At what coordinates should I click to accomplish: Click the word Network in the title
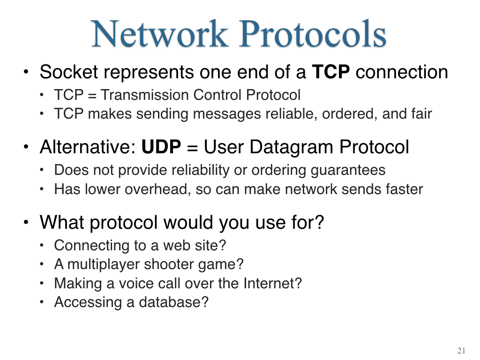coord(160,33)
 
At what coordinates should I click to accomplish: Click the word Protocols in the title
coord(313,33)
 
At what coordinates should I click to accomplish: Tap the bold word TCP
coord(330,72)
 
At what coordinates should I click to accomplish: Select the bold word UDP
coord(161,147)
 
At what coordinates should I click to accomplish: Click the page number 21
coord(461,351)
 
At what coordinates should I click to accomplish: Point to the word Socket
coord(69,72)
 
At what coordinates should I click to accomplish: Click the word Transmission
coord(144,95)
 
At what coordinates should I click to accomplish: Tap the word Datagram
coord(291,148)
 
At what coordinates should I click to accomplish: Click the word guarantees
coord(348,171)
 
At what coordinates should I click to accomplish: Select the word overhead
coord(158,189)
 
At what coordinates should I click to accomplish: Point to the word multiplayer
coord(103,264)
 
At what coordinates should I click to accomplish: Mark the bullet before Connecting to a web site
coord(42,245)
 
